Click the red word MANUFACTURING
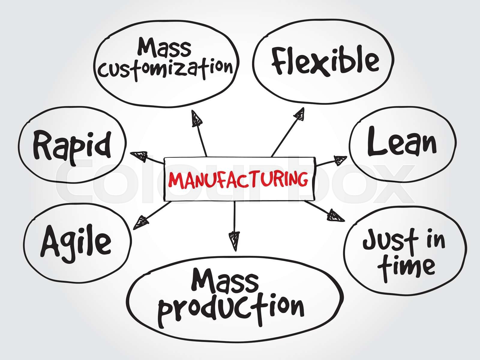click(238, 179)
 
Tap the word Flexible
click(325, 61)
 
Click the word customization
click(166, 68)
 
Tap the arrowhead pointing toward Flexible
click(299, 114)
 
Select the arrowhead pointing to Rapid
click(139, 156)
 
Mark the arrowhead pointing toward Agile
click(141, 223)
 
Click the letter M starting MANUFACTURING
click(174, 180)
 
